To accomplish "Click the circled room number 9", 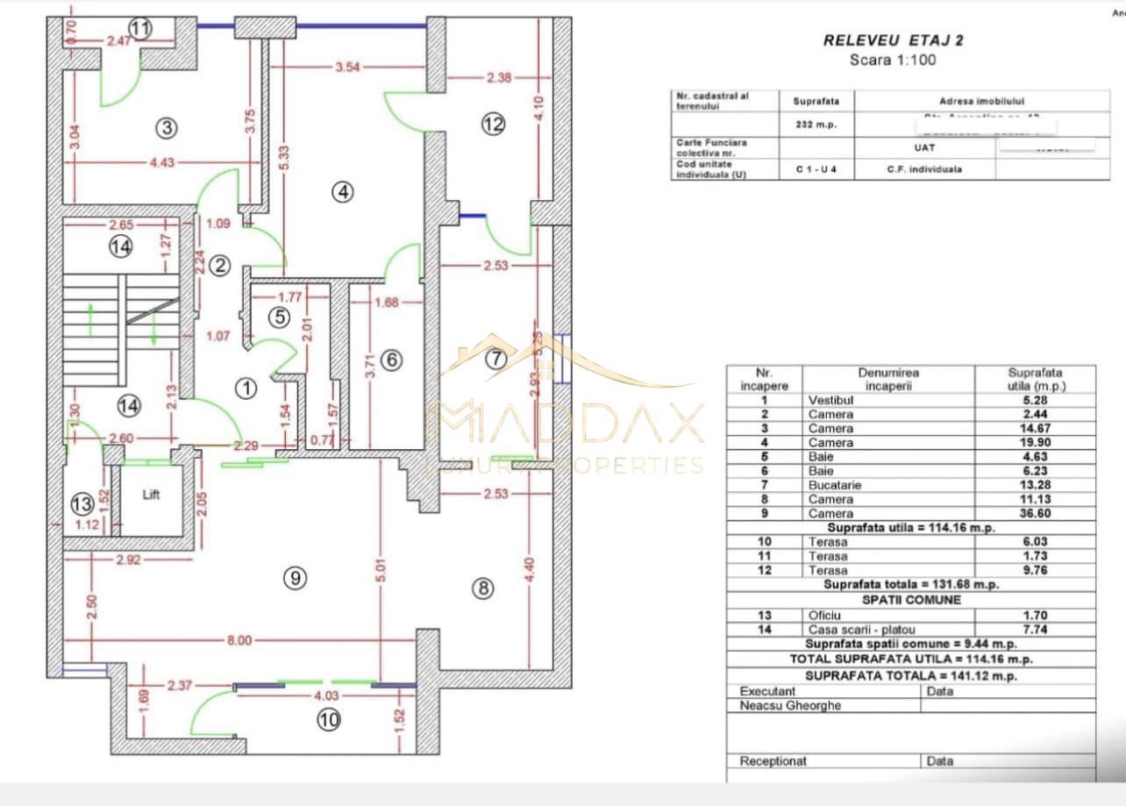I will pos(295,577).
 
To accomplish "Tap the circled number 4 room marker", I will pos(343,190).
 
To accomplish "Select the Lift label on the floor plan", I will pos(153,495).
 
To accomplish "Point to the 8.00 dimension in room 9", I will pos(239,640).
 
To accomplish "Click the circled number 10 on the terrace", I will pos(330,720).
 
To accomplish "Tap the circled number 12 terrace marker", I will pos(494,125).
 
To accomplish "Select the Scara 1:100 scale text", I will pos(893,61).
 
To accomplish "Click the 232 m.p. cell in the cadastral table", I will pos(816,125).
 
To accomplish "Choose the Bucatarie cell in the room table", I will pos(830,485).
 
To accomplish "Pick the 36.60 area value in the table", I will pos(1035,513).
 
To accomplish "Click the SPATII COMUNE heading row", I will pos(911,600).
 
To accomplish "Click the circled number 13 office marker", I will pos(82,505).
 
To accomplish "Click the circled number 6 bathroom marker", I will pos(391,360).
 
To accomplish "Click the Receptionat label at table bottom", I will pos(773,761).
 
